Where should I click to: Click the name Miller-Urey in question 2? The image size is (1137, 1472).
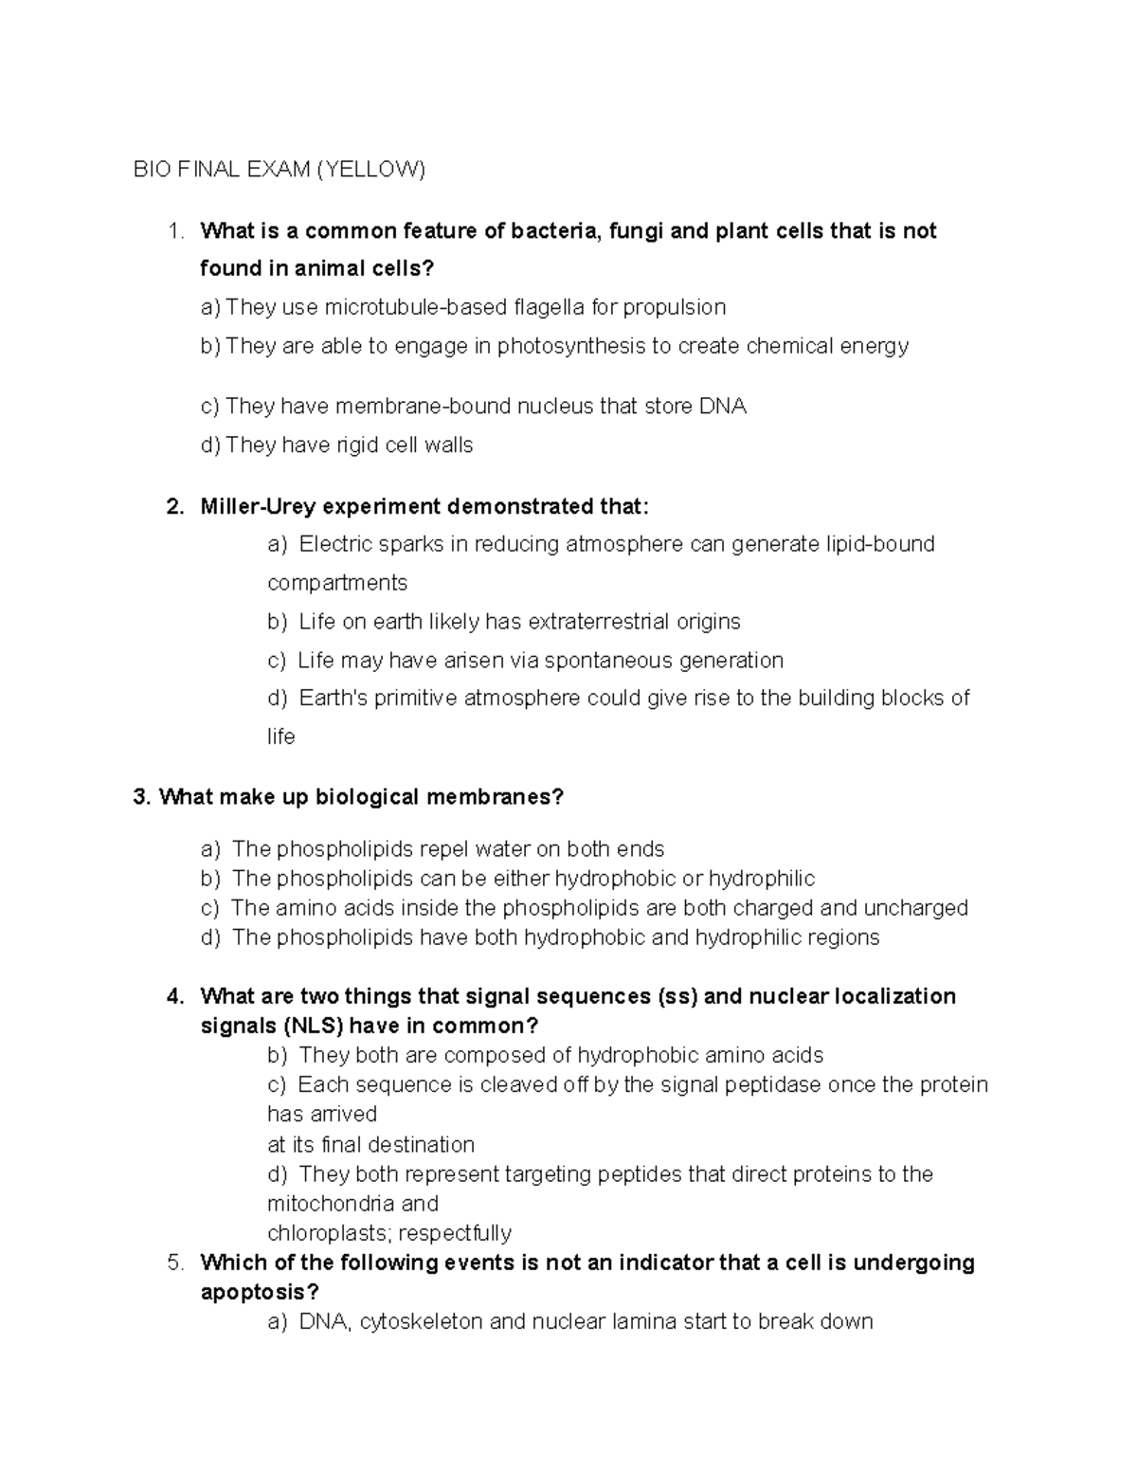click(x=258, y=507)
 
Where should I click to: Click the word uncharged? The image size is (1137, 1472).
click(x=915, y=908)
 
